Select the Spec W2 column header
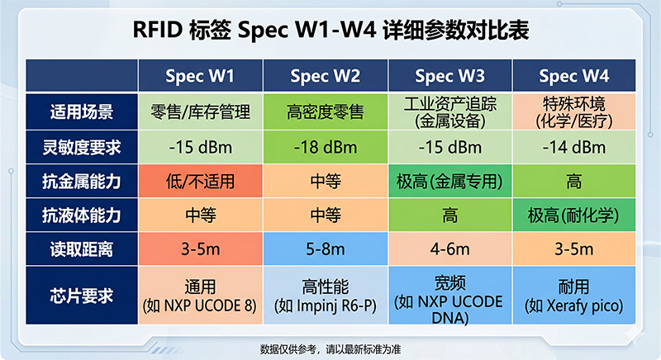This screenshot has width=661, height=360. [325, 77]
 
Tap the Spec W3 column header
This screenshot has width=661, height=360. [449, 77]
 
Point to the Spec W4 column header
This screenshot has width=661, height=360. [573, 77]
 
